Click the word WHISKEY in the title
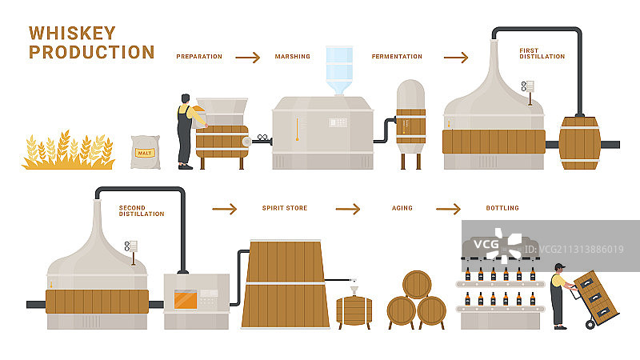[72, 33]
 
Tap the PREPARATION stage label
[199, 57]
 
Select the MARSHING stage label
[292, 57]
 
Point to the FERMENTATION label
[397, 57]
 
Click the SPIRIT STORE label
[285, 208]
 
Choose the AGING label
[402, 208]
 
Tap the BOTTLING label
[502, 208]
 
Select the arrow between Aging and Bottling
[448, 208]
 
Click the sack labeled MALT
[146, 151]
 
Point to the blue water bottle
[339, 68]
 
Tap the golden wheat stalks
[67, 152]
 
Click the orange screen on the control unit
[188, 299]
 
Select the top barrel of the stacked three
[416, 284]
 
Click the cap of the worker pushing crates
[559, 266]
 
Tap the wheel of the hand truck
[592, 323]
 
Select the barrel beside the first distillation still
[580, 144]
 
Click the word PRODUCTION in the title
[91, 52]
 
